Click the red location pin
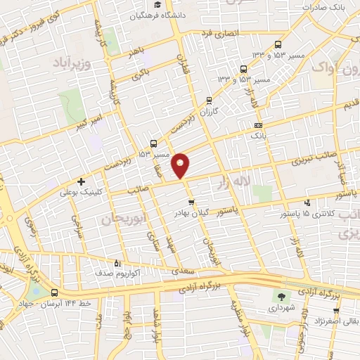181,165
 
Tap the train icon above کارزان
210,100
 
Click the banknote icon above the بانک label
258,126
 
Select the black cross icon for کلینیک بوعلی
82,181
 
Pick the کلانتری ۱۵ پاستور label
310,212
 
